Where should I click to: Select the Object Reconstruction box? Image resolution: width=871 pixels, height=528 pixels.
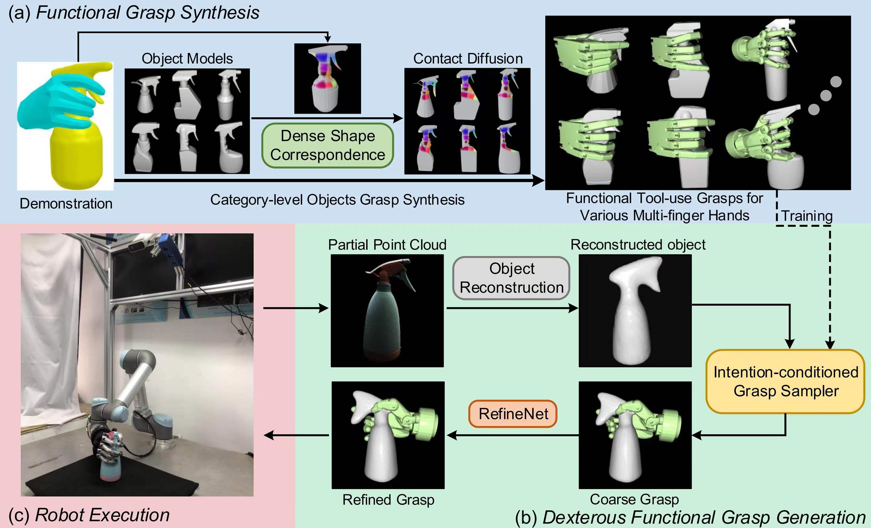point(511,278)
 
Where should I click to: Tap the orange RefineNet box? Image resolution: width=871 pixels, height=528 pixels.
point(513,413)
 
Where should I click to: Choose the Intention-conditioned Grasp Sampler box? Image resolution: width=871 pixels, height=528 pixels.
point(785,381)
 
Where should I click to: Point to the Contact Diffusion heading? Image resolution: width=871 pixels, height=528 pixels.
point(468,59)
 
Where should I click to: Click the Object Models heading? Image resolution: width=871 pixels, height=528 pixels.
point(187,59)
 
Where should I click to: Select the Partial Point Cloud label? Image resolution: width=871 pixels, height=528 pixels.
point(387,245)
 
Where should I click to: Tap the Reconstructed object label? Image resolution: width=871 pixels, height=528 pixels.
point(638,245)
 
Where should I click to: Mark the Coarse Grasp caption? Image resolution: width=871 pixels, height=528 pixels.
point(634,499)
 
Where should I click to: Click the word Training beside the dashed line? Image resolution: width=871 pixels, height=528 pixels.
point(807,216)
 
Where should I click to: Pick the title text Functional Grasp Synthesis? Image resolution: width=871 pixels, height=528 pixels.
point(148,13)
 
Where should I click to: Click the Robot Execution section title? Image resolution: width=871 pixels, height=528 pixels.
point(103,515)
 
